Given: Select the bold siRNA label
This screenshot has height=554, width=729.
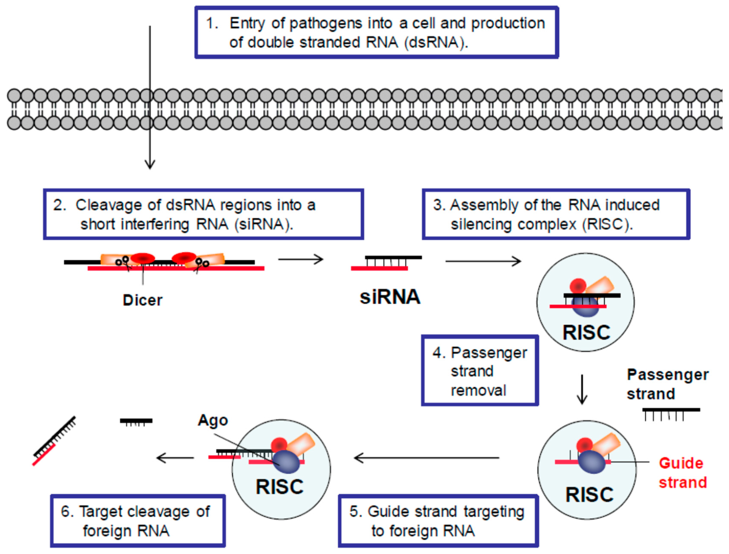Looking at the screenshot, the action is pos(390,297).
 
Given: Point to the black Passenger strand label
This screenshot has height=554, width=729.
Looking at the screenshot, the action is pos(668,384).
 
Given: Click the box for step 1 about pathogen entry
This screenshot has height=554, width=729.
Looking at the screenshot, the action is pos(377,32).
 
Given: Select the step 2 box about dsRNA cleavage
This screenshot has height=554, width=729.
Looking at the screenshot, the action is pos(203,214).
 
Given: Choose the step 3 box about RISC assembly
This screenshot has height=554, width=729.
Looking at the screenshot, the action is pos(556,214).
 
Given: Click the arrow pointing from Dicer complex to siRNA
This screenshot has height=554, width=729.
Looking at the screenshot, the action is pos(300,259).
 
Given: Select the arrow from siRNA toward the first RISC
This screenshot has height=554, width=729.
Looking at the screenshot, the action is pos(483,262).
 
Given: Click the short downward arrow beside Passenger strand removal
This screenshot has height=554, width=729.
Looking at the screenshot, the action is pos(582,389).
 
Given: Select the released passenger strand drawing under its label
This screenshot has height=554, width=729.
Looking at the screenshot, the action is pos(671,414).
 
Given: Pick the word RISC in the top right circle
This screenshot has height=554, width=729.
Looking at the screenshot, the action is pos(586,332).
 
